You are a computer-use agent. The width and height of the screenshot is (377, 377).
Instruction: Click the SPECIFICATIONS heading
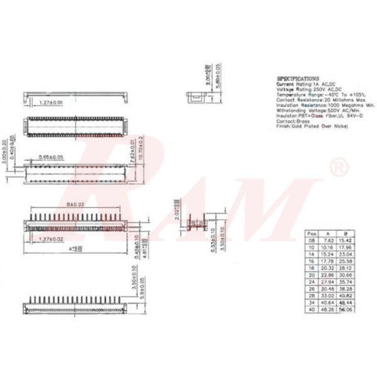click(x=298, y=79)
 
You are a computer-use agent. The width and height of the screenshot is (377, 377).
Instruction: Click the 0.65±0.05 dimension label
click(x=51, y=156)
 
